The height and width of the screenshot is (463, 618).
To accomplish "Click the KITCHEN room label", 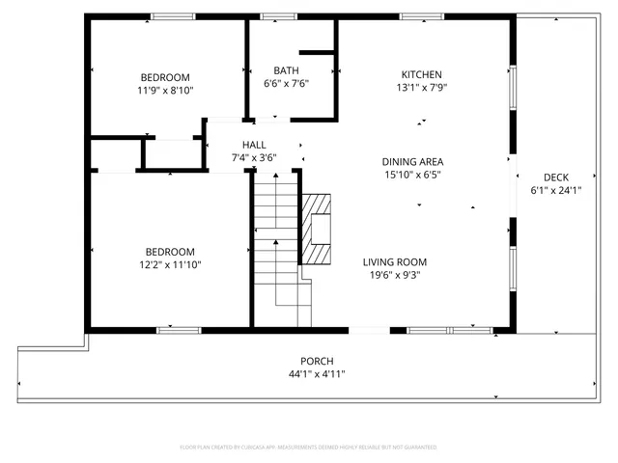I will [x=422, y=74].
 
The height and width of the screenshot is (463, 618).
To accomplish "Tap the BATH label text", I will [x=286, y=70].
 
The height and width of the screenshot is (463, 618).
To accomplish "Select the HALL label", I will [x=254, y=145].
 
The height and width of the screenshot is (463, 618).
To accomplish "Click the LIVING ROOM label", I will [x=394, y=261].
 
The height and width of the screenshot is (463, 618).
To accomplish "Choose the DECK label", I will [x=556, y=177].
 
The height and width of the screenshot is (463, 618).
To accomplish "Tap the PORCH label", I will [x=317, y=360].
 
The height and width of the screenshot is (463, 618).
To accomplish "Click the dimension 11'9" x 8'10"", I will [x=165, y=91].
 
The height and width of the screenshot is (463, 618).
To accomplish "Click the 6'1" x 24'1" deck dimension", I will [x=556, y=190].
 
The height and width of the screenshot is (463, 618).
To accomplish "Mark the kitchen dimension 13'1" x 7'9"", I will [x=422, y=88].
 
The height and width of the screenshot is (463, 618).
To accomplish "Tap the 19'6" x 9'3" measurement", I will [x=394, y=275].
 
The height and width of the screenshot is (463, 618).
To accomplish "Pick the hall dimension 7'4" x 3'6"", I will [x=254, y=158].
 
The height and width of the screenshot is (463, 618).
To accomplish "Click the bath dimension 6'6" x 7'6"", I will [x=286, y=84].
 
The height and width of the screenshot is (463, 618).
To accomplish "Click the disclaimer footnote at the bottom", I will [x=309, y=447].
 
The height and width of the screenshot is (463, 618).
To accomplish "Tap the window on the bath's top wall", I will [x=279, y=16].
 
